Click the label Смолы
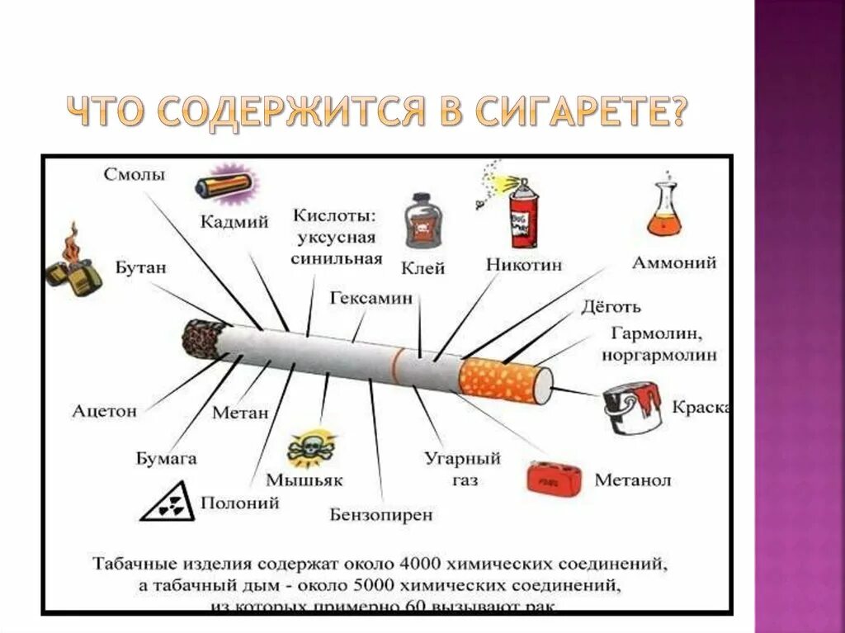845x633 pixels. [135, 175]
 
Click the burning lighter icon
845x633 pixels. [73, 262]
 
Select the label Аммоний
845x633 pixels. [673, 263]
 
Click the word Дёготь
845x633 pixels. [611, 308]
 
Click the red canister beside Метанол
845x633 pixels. [555, 478]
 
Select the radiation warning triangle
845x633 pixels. [168, 503]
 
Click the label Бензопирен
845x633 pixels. [381, 514]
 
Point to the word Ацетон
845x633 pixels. [104, 410]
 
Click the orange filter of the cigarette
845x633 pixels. [499, 379]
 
